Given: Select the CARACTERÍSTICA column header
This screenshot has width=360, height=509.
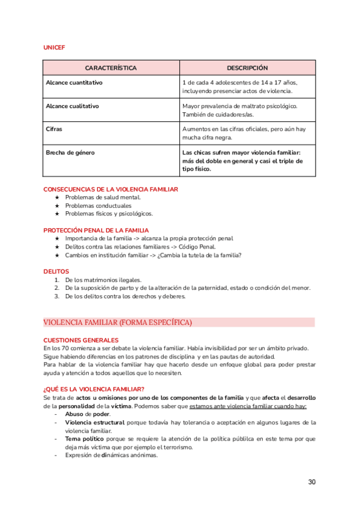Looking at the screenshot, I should coord(111,68).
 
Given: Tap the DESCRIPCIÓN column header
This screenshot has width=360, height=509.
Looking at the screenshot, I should coord(247,68).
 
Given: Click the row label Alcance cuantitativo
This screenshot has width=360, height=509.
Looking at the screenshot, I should coord(74,82).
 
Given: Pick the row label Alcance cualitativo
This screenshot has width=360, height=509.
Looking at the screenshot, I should coord(73,106).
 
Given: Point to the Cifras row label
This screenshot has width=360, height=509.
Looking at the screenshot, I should coord(54,129).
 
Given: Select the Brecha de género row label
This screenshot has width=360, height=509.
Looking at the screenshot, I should coord(70,152).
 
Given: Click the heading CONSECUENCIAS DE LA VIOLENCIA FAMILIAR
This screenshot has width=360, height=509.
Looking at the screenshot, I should coord(110,189).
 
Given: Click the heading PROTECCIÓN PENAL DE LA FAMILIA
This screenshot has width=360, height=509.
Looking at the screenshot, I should coord(96,230).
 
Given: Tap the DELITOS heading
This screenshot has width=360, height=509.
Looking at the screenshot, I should coord(56,271).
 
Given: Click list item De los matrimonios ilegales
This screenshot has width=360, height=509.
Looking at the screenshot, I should coord(103,280).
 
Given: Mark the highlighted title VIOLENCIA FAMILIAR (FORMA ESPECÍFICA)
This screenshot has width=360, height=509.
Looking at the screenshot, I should coord(118,323).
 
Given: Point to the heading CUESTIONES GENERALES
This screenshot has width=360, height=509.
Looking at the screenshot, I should coord(81,340).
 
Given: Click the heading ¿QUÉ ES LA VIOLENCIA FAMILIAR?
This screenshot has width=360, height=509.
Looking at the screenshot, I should coord(94,389).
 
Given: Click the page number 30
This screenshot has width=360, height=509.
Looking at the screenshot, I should coord(311,482).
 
